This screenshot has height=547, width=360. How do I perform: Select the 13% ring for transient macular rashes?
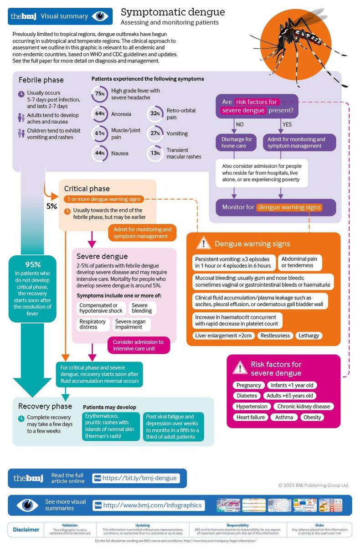155,153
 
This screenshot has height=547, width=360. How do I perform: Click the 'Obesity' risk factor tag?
312,417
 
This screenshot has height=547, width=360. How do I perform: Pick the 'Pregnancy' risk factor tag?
249,385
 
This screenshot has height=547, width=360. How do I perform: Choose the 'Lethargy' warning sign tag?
309,335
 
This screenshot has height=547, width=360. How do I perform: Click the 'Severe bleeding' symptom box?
142,308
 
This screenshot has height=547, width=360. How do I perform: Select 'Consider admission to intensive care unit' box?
138,345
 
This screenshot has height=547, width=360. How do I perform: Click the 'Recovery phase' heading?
45,406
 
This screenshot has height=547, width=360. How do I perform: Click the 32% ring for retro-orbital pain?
155,114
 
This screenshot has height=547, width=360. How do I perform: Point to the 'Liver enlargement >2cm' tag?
223,335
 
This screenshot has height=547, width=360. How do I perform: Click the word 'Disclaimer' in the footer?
26,530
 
